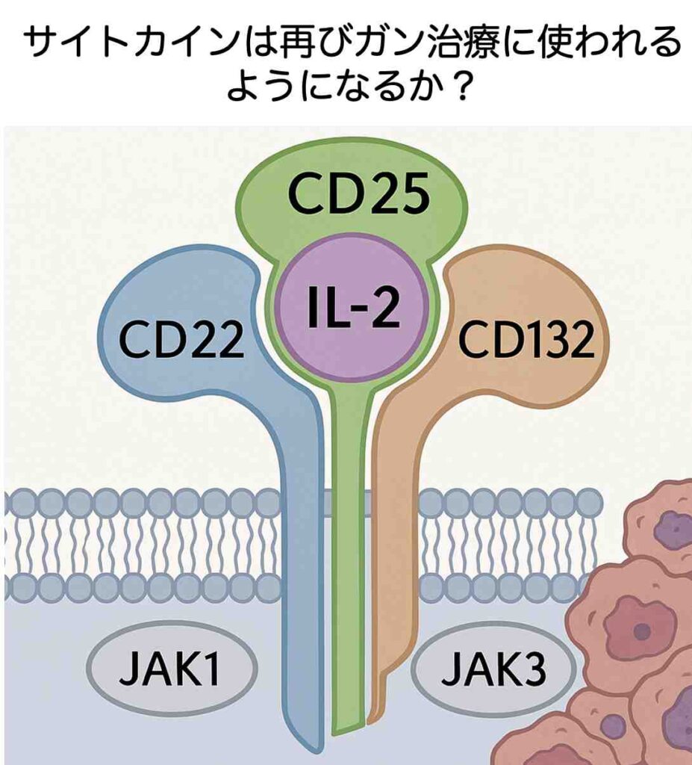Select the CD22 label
click(181, 338)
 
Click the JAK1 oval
click(172, 667)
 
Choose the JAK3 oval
click(493, 667)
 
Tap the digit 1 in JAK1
click(212, 667)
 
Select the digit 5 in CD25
click(414, 194)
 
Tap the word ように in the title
click(272, 85)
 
